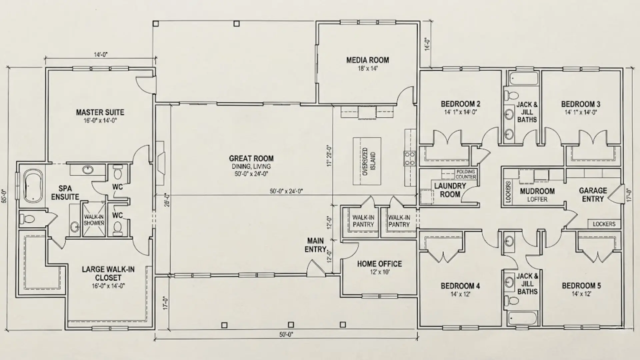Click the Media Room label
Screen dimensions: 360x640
[x=367, y=60]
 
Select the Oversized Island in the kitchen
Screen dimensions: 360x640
[x=367, y=161]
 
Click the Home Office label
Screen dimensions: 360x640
[x=379, y=264]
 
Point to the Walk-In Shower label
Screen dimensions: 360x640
[x=94, y=220]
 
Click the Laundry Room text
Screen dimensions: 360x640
[x=450, y=190]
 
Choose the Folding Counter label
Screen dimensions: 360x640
[x=466, y=174]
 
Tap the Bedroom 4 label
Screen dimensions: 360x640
[x=460, y=286]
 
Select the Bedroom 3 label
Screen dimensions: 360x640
[x=581, y=104]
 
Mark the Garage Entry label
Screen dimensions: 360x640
[x=593, y=195]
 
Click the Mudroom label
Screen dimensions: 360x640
[x=537, y=191]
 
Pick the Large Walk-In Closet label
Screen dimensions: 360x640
[x=108, y=273]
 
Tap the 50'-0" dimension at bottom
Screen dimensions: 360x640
[x=286, y=335]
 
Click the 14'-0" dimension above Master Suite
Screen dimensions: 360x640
[x=100, y=54]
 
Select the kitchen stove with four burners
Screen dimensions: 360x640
[x=410, y=158]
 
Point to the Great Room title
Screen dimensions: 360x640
[x=251, y=159]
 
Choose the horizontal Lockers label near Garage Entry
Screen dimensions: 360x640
[x=604, y=224]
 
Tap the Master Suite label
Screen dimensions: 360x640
[x=100, y=112]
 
